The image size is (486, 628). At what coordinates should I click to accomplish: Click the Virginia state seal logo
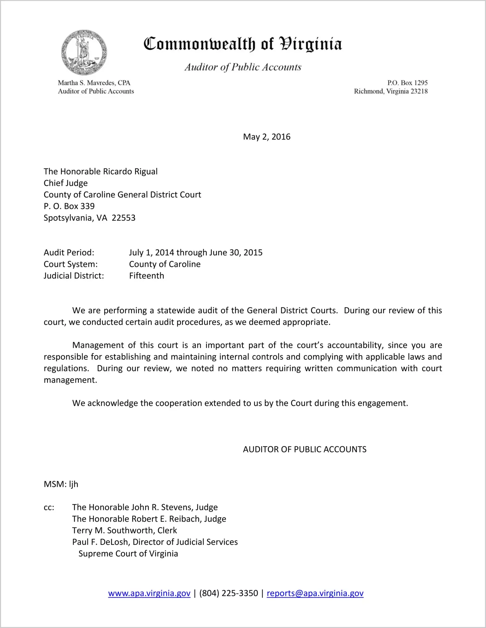pyautogui.click(x=84, y=52)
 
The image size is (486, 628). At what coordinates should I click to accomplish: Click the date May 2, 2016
pyautogui.click(x=266, y=137)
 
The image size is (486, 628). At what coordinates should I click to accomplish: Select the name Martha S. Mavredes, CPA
pyautogui.click(x=94, y=83)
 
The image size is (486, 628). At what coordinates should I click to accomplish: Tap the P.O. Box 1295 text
pyautogui.click(x=407, y=83)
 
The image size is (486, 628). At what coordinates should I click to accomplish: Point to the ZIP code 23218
pyautogui.click(x=419, y=91)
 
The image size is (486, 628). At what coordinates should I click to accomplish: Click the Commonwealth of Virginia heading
pyautogui.click(x=243, y=44)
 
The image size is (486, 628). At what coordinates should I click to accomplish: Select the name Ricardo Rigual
pyautogui.click(x=130, y=171)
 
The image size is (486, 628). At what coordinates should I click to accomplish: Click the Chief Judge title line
pyautogui.click(x=66, y=183)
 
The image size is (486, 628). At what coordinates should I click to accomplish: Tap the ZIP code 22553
pyautogui.click(x=124, y=218)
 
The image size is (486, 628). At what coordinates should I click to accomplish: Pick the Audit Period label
pyautogui.click(x=69, y=253)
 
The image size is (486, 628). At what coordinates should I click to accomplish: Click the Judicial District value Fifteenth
pyautogui.click(x=146, y=276)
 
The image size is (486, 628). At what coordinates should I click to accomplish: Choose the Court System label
pyautogui.click(x=71, y=264)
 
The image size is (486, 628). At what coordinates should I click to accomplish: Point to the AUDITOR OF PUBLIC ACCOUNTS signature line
pyautogui.click(x=304, y=449)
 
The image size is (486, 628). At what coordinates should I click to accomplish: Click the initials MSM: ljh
pyautogui.click(x=61, y=484)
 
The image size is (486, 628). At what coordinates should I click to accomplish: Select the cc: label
pyautogui.click(x=49, y=508)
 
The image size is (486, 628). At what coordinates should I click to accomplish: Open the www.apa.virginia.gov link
pyautogui.click(x=149, y=593)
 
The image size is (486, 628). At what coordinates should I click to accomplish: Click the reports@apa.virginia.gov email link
pyautogui.click(x=315, y=593)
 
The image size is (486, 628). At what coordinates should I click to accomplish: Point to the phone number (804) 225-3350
pyautogui.click(x=228, y=593)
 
